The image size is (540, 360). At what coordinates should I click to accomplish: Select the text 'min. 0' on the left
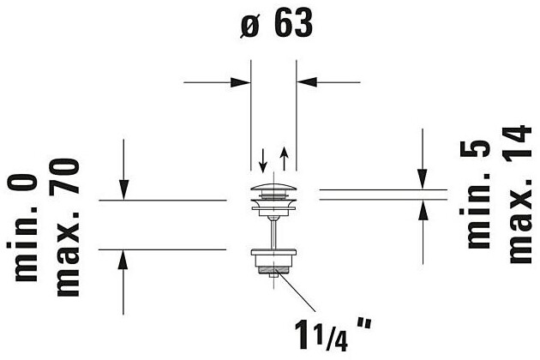pyautogui.click(x=28, y=227)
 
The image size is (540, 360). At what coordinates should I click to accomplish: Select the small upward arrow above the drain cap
pyautogui.click(x=284, y=159)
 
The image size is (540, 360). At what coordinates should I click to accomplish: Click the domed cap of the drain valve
pyautogui.click(x=273, y=187)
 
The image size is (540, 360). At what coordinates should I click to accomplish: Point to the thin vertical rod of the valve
pyautogui.click(x=273, y=227)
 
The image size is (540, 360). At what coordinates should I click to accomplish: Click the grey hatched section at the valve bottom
pyautogui.click(x=273, y=272)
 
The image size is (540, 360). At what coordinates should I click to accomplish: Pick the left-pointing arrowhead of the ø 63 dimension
pyautogui.click(x=305, y=82)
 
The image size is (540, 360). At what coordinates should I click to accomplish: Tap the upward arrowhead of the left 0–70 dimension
pyautogui.click(x=124, y=259)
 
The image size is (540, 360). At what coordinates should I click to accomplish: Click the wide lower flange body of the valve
pyautogui.click(x=273, y=255)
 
